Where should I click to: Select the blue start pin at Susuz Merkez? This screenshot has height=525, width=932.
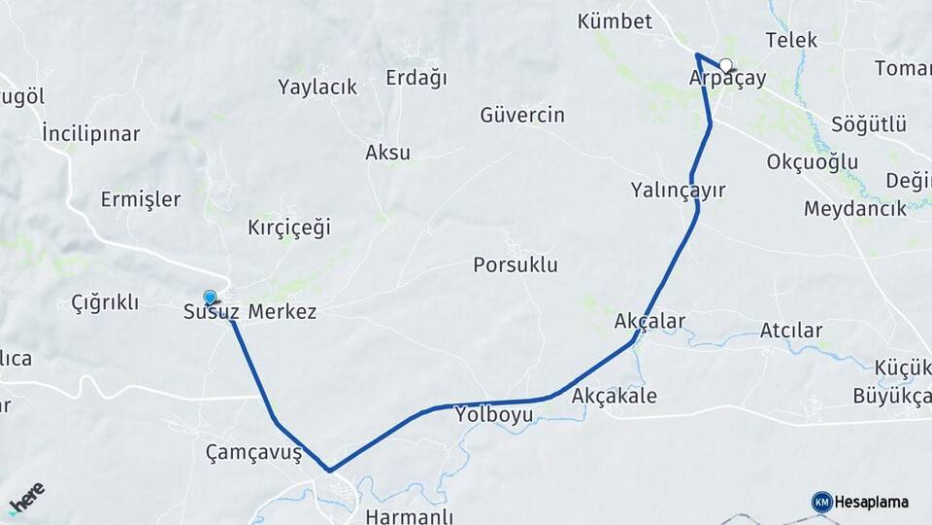click(210, 297)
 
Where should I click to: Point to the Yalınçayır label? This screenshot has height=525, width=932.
click(678, 190)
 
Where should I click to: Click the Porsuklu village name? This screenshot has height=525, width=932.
click(516, 264)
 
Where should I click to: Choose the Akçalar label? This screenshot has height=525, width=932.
click(649, 320)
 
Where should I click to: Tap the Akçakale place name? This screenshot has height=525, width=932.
click(614, 396)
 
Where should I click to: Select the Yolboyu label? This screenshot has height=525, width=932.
click(494, 415)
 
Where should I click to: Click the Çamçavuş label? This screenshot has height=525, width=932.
click(253, 453)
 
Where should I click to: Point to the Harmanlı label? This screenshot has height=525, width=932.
click(409, 516)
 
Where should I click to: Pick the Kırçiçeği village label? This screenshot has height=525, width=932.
click(289, 227)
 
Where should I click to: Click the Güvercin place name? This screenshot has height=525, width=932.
click(522, 116)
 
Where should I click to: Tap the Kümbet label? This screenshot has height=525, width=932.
click(615, 21)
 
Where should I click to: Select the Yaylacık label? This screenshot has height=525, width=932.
click(317, 87)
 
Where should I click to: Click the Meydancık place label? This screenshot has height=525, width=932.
click(854, 208)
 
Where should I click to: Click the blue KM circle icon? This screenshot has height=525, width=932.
click(822, 502)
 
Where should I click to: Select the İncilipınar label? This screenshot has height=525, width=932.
click(91, 134)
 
